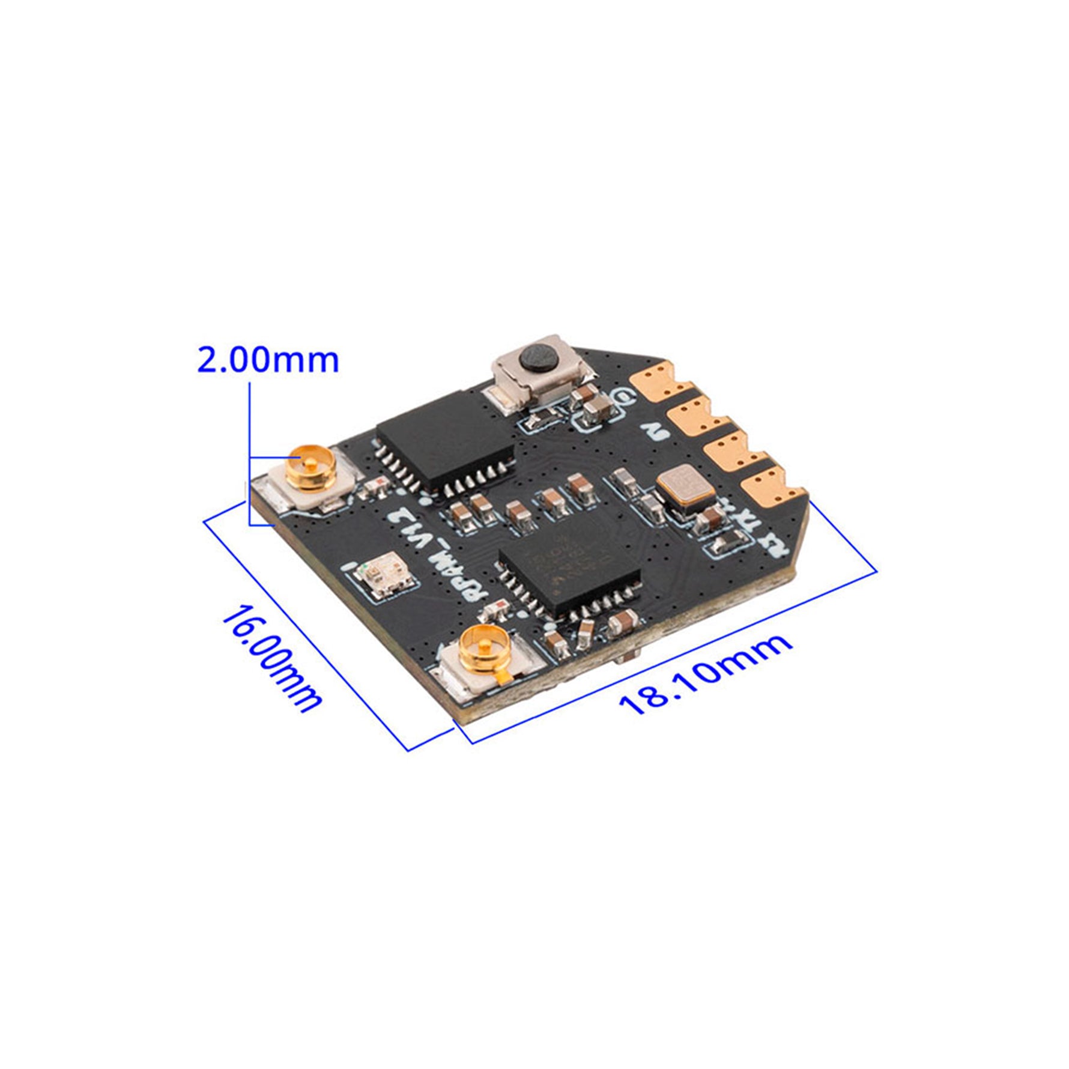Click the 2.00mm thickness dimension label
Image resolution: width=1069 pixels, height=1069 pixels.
pos(268,360)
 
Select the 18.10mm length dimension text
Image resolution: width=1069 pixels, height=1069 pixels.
pos(705,674)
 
